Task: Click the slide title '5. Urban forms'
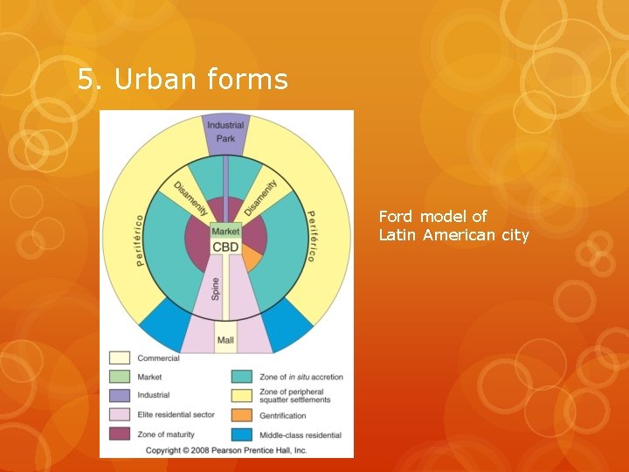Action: tap(183, 80)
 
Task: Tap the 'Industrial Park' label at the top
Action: tap(225, 132)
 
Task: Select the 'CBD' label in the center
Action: tap(225, 247)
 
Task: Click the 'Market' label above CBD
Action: tap(225, 232)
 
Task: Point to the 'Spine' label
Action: tap(216, 289)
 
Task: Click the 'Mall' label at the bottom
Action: tap(225, 340)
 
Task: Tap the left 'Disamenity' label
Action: tap(190, 198)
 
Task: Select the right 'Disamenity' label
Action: tap(260, 198)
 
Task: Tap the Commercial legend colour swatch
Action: tap(119, 358)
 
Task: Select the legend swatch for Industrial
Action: tap(119, 396)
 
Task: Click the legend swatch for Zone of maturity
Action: tap(119, 434)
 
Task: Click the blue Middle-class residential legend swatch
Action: tap(242, 434)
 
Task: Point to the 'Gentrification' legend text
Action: tap(282, 416)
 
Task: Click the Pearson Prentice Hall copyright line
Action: tap(225, 450)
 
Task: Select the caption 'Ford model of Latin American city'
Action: tap(453, 226)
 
